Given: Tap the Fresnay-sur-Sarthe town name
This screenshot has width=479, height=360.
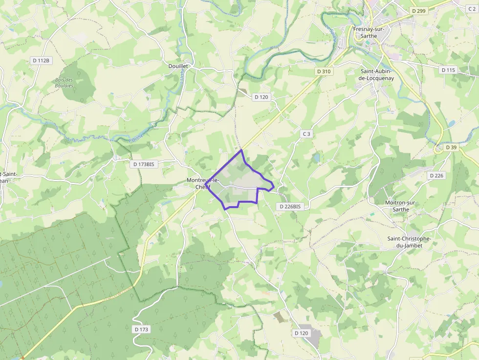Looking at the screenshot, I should (x=369, y=32).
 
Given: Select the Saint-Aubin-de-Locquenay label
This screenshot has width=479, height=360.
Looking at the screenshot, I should (x=376, y=74).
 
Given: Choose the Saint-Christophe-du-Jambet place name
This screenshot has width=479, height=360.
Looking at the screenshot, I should (x=409, y=242).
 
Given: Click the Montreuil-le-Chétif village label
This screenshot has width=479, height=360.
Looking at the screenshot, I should (x=203, y=183).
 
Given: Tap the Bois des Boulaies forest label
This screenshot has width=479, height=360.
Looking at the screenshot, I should (x=64, y=83).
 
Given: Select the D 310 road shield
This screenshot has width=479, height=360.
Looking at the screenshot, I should (x=324, y=71).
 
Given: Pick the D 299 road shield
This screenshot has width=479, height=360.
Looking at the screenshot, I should (x=419, y=10).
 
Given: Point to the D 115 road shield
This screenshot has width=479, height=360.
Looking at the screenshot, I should (x=448, y=70).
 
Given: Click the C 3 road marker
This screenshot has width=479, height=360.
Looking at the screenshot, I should (x=306, y=134).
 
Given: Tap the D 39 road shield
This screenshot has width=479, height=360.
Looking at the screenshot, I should (x=451, y=148).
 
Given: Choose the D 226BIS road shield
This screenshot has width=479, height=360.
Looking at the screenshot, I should (x=290, y=207).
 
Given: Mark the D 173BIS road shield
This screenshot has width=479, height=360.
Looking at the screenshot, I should (x=144, y=165).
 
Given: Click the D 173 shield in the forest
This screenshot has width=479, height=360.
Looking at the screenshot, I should (x=141, y=329).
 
